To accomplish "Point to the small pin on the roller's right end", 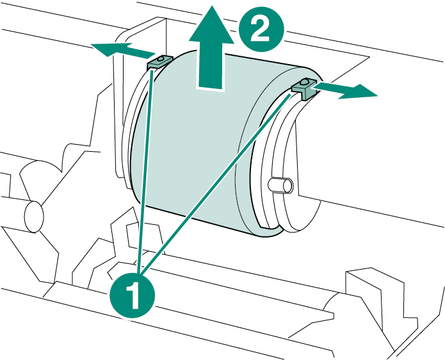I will [282, 185].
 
